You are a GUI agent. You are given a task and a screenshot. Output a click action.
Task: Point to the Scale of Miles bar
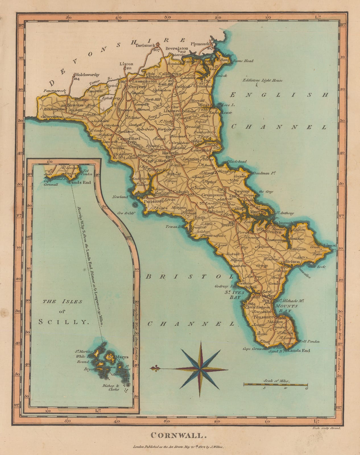[x=276, y=384]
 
